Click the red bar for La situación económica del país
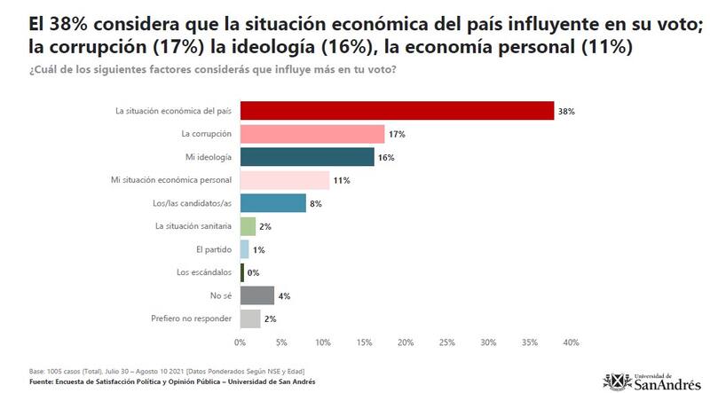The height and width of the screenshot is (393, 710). click(397, 111)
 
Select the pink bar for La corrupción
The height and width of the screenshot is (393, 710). click(312, 134)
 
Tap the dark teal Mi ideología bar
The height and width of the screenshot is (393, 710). click(307, 157)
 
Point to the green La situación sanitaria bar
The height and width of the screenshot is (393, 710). click(248, 226)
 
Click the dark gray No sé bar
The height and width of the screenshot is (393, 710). click(256, 295)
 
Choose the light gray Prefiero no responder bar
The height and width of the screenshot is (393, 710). click(250, 318)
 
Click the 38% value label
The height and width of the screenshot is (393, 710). click(567, 111)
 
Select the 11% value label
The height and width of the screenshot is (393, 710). click(342, 180)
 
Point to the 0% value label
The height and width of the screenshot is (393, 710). click(253, 272)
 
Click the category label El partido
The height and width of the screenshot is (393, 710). click(214, 249)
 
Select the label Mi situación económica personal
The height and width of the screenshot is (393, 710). click(171, 180)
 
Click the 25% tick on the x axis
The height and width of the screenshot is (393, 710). click(446, 342)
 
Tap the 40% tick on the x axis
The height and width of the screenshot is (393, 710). click(571, 342)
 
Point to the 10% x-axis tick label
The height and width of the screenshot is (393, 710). click(322, 342)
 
